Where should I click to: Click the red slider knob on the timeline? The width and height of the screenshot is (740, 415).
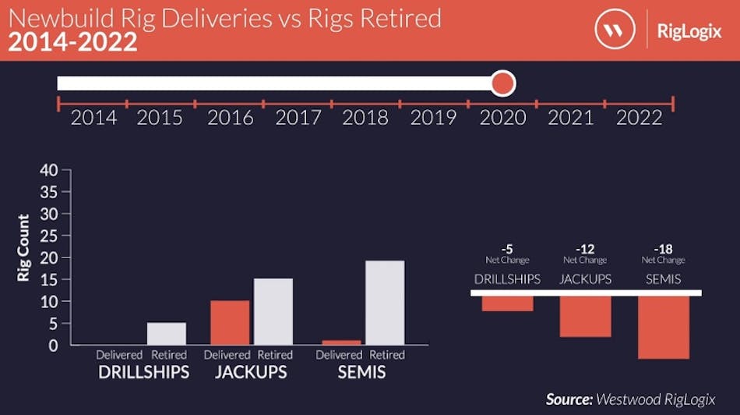[503, 83]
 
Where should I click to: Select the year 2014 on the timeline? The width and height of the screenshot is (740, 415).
[93, 118]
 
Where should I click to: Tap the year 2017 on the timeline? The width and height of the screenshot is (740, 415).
[298, 118]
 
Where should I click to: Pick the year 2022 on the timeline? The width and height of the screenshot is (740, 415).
[639, 118]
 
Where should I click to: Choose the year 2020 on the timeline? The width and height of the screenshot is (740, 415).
[502, 118]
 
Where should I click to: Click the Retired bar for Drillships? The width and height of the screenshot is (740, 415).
[167, 333]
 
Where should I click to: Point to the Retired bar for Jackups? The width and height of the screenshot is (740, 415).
[274, 311]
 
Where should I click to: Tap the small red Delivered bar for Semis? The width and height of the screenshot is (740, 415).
[342, 342]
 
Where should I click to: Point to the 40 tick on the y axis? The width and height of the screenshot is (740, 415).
[49, 170]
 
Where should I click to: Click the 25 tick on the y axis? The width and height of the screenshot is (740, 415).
[49, 236]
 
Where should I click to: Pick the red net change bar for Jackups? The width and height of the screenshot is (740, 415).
[585, 316]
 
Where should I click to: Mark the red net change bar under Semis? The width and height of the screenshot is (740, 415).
[663, 327]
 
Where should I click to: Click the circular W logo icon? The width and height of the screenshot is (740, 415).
[615, 30]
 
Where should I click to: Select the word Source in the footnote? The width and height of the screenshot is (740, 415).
[568, 399]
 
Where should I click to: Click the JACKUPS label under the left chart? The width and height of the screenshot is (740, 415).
[251, 372]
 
